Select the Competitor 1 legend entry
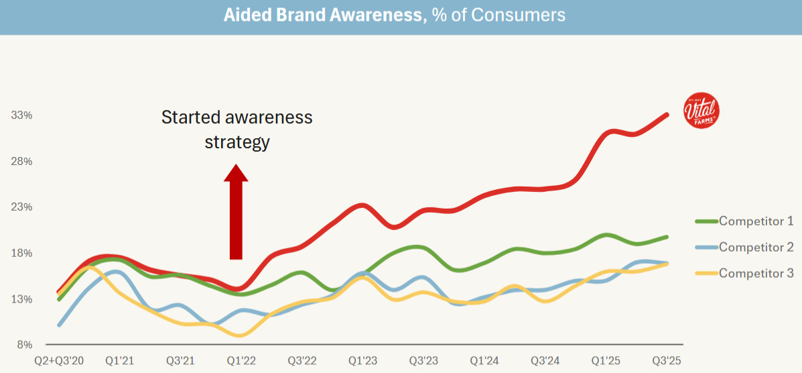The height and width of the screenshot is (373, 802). coord(756,221)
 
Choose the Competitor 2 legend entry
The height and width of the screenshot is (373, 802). coord(756,247)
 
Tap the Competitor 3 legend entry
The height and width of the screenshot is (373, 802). coord(756,273)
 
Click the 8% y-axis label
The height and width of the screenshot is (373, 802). coord(25,345)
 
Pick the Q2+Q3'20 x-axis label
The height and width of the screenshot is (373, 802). coord(60,360)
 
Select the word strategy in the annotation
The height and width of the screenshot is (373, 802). coord(237,142)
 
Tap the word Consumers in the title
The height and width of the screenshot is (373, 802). coord(518,15)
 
